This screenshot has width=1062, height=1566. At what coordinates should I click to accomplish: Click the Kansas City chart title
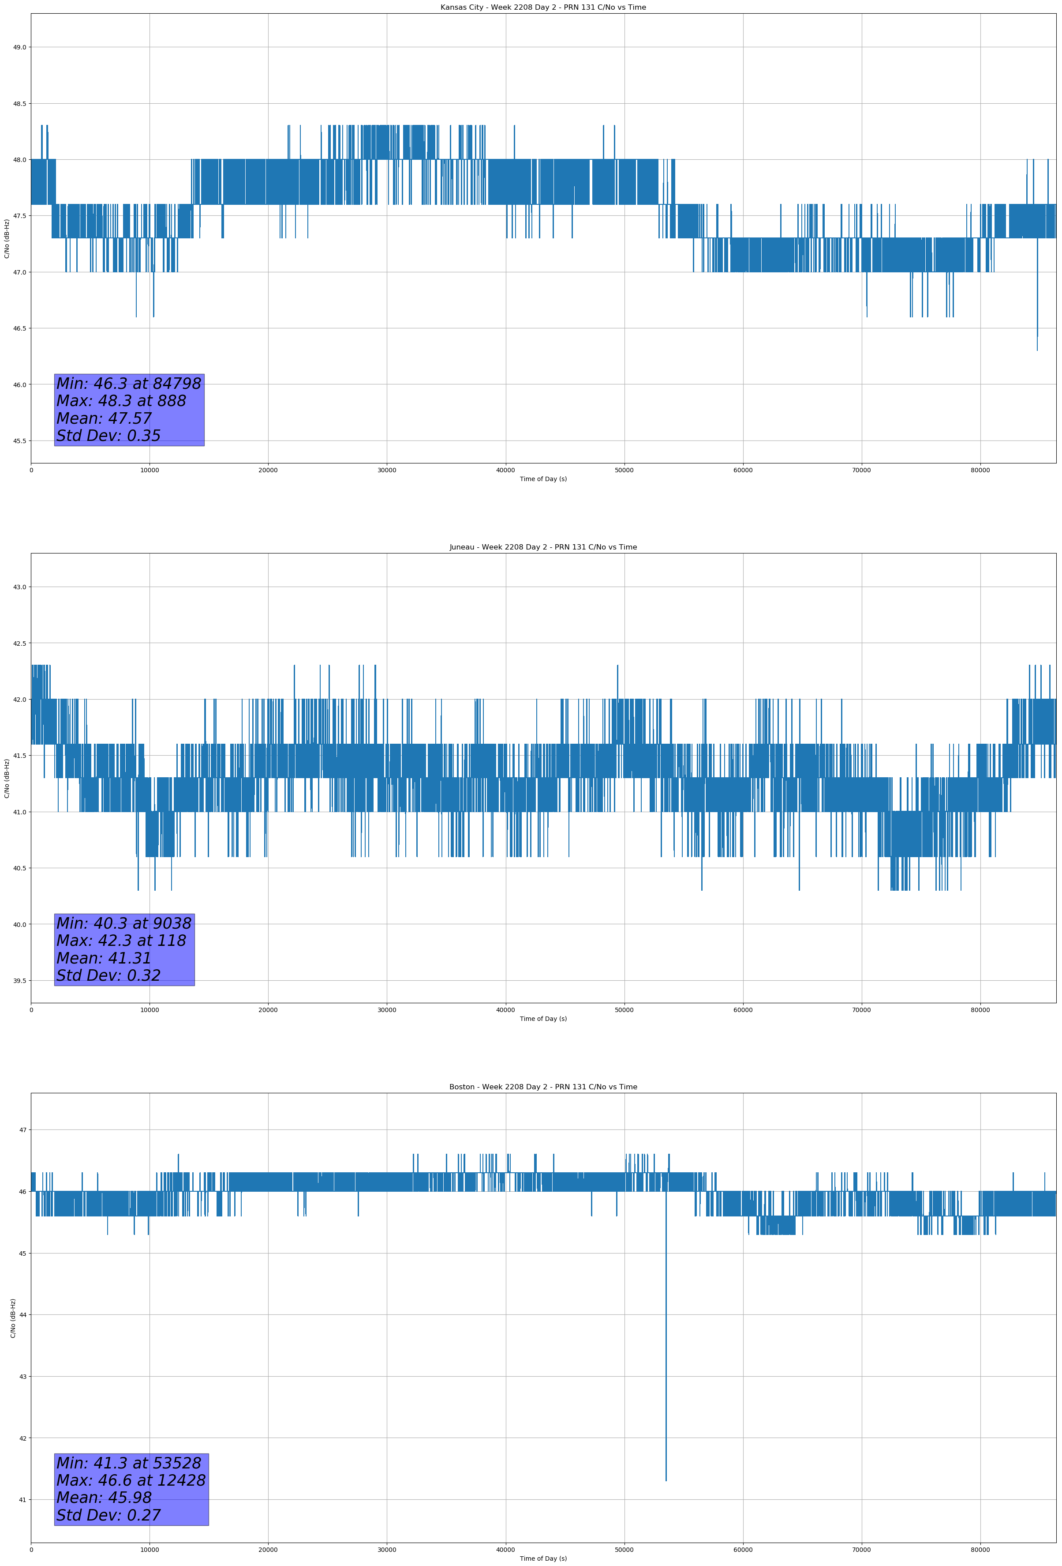[x=543, y=8]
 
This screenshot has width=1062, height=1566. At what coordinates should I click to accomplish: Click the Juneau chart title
[x=543, y=547]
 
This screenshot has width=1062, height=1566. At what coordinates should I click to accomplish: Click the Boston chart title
[x=543, y=1087]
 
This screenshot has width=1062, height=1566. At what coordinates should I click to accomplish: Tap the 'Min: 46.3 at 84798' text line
[x=129, y=384]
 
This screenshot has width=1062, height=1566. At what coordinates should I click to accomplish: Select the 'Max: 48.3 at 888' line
[x=121, y=401]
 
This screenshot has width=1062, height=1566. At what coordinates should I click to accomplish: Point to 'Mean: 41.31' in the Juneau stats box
[x=104, y=958]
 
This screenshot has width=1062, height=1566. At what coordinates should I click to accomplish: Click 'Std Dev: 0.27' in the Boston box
[x=108, y=1515]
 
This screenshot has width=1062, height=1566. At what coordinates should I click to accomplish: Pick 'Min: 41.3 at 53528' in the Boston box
[x=129, y=1463]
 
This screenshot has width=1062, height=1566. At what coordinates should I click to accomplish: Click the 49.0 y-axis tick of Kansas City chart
[x=19, y=47]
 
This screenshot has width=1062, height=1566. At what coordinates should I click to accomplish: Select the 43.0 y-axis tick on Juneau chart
[x=19, y=587]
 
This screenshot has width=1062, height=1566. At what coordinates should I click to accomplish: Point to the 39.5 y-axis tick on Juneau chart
[x=19, y=981]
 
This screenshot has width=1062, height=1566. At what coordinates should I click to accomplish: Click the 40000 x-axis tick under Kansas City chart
[x=505, y=471]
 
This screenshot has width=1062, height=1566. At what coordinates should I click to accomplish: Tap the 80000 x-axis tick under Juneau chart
[x=980, y=1010]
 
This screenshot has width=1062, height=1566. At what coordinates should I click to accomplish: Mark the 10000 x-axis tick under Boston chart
[x=150, y=1550]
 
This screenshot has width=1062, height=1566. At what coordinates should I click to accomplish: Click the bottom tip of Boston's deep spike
[x=666, y=1480]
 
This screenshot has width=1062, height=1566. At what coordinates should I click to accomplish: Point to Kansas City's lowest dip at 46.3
[x=1037, y=350]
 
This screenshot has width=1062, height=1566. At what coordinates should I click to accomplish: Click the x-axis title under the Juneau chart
[x=543, y=1019]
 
